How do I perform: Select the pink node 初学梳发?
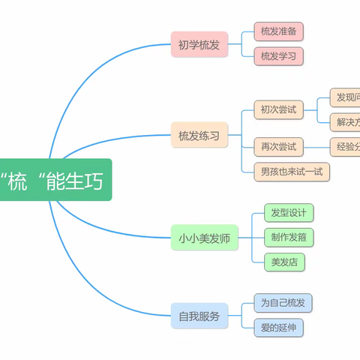pos(199,46)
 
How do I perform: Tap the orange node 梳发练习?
pos(199,136)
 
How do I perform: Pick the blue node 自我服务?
pos(199,316)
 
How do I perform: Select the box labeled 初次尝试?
pos(278,110)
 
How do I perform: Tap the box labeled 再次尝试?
pos(278,147)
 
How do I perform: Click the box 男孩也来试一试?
pos(292,172)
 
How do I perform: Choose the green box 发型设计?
pos(289,212)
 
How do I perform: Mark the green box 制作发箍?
pos(289,237)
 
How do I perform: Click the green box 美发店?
pos(284,262)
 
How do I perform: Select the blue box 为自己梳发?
pos(284,303)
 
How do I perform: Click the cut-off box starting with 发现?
pos(346,97)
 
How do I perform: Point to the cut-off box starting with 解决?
pos(346,121)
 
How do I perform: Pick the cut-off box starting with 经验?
pos(346,147)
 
